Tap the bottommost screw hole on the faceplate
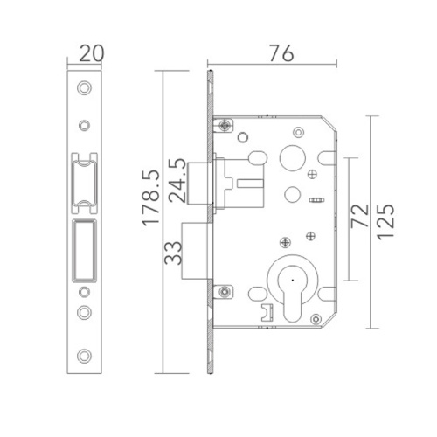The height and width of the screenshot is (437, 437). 84,355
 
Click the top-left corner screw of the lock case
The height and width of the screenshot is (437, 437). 226,128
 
